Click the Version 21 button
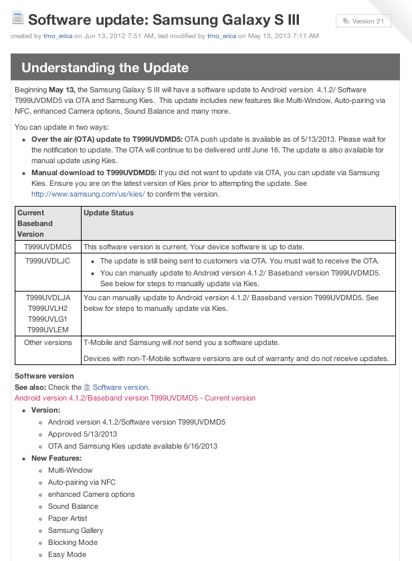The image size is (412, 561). [363, 21]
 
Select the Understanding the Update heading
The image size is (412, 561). [105, 68]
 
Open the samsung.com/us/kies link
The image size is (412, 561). [88, 194]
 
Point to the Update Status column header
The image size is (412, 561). [108, 213]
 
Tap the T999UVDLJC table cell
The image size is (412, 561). [47, 261]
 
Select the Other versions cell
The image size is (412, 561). [47, 342]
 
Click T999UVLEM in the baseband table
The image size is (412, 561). [47, 329]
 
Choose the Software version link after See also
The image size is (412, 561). [120, 387]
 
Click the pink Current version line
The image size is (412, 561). [135, 398]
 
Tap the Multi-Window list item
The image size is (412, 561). [70, 470]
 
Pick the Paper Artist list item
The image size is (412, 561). [68, 518]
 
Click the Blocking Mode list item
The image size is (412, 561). [72, 542]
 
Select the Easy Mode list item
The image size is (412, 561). [67, 554]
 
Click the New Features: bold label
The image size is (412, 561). [56, 458]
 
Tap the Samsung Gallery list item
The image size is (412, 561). [76, 530]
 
